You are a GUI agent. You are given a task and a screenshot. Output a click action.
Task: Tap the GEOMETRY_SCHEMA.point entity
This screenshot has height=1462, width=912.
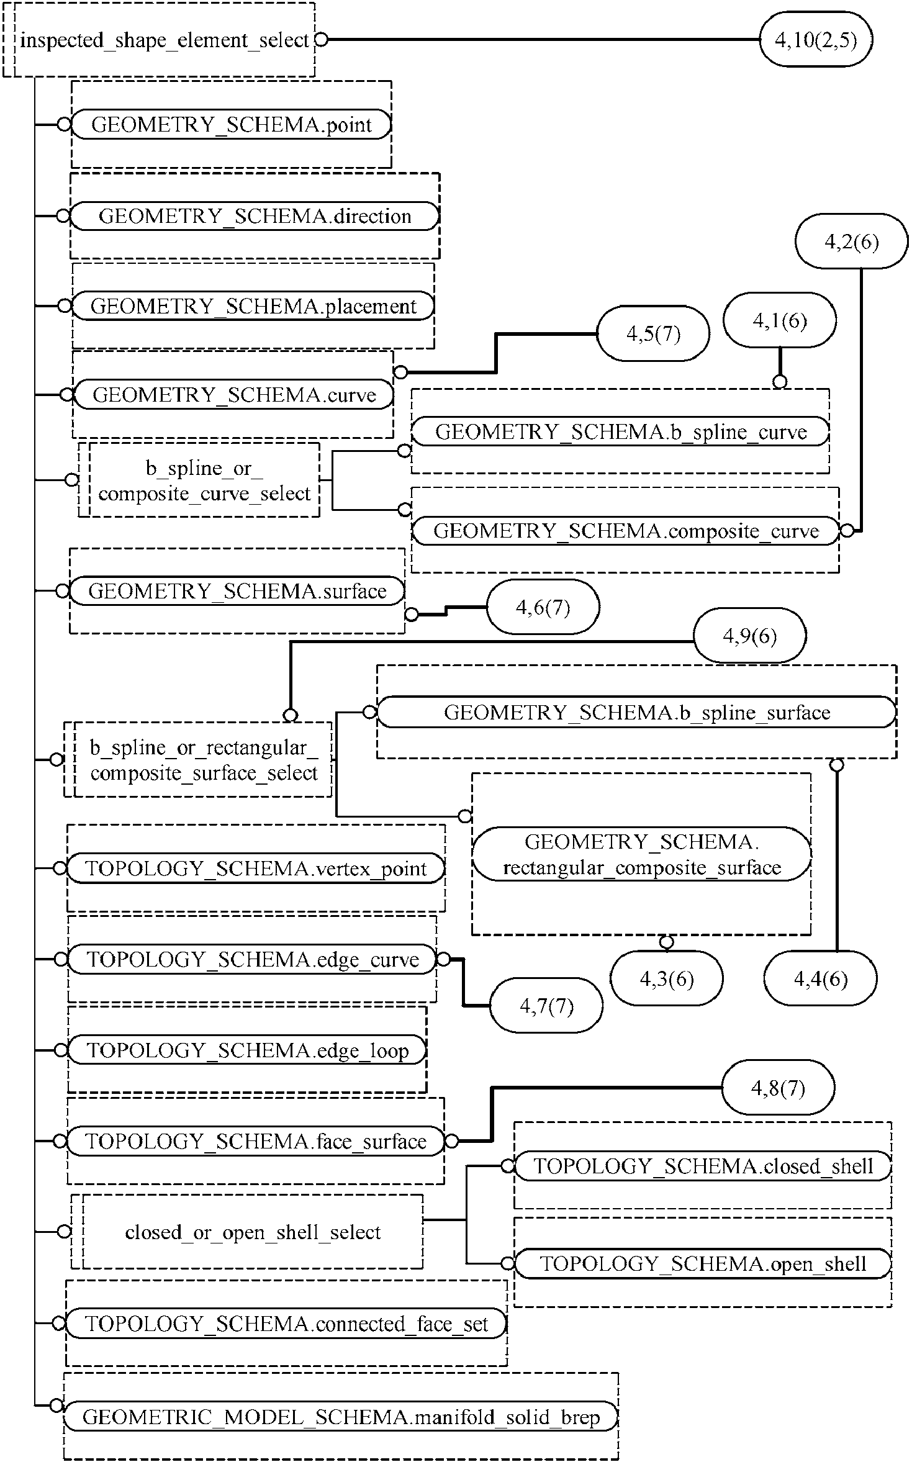(232, 125)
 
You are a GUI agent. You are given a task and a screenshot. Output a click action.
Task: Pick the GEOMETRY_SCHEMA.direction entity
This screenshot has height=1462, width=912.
(255, 216)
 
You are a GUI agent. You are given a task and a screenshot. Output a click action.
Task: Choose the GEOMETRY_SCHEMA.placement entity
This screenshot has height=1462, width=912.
(253, 306)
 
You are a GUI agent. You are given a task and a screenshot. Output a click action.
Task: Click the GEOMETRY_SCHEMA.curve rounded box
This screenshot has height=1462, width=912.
(233, 395)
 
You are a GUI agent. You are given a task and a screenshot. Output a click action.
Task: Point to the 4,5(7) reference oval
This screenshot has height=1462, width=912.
(653, 333)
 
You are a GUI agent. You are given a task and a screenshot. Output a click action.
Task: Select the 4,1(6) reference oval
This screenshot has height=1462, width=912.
(780, 320)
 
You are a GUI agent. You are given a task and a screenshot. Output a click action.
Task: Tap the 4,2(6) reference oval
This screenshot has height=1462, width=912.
(852, 241)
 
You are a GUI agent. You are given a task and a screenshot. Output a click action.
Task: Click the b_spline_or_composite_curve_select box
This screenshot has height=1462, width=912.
(199, 480)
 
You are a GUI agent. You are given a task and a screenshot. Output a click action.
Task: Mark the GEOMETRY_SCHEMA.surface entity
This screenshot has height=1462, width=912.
(237, 591)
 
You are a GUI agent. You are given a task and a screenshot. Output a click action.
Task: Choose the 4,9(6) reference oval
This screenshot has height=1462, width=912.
(750, 636)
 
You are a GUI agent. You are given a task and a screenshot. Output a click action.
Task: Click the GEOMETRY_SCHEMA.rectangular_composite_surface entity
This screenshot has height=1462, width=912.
(642, 854)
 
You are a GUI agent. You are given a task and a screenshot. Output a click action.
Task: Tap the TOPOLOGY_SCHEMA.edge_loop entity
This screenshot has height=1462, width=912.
(247, 1050)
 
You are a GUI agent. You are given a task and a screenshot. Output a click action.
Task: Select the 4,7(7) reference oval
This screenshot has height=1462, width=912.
(546, 1006)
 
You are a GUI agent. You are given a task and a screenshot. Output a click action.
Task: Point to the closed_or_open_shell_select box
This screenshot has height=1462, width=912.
(247, 1232)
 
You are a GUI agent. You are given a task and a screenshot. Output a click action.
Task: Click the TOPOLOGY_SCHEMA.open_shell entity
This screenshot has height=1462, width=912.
(703, 1263)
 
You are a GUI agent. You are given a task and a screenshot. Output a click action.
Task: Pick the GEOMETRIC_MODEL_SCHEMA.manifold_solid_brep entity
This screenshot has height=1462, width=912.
(341, 1417)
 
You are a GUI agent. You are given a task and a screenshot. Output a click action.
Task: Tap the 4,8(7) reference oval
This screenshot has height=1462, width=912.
(778, 1088)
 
